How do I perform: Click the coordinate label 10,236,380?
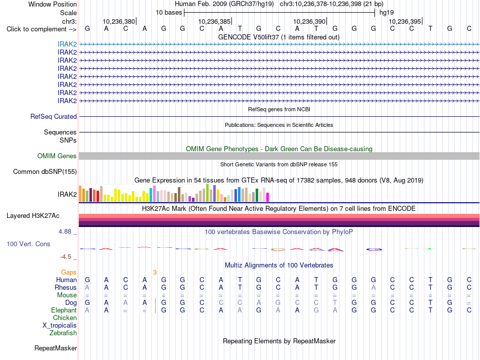pyautogui.click(x=119, y=21)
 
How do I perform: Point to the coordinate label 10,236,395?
pyautogui.click(x=405, y=21)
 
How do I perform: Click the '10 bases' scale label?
pyautogui.click(x=169, y=13)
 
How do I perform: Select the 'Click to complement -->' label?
pyautogui.click(x=41, y=29)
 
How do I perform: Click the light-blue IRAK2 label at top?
pyautogui.click(x=67, y=44)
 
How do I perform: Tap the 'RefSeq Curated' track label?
pyautogui.click(x=54, y=116)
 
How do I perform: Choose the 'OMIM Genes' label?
pyautogui.click(x=57, y=156)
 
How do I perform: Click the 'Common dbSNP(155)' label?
pyautogui.click(x=45, y=171)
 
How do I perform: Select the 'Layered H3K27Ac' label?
pyautogui.click(x=33, y=216)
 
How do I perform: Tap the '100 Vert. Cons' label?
pyautogui.click(x=28, y=244)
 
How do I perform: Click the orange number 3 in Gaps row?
pyautogui.click(x=155, y=273)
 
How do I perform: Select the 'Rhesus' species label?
pyautogui.click(x=66, y=287)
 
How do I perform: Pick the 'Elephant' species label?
pyautogui.click(x=64, y=310)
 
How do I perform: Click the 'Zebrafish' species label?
pyautogui.click(x=63, y=333)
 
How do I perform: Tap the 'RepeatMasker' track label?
pyautogui.click(x=56, y=348)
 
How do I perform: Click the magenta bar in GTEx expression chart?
pyautogui.click(x=268, y=197)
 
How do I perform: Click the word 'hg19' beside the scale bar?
pyautogui.click(x=387, y=13)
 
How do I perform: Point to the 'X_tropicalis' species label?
pyautogui.click(x=60, y=326)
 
